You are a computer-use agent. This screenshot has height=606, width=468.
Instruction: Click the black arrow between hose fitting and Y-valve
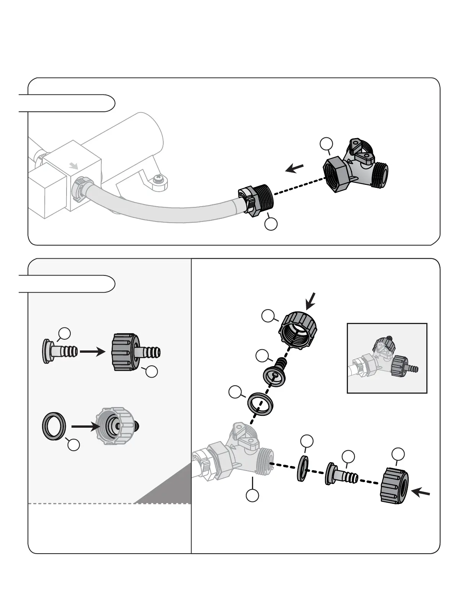coord(295,168)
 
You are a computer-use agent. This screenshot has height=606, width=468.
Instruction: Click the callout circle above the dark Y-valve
coord(326,145)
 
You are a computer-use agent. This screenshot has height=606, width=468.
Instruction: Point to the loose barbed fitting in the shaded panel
coord(60,351)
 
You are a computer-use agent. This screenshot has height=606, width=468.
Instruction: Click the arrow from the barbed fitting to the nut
coord(92,352)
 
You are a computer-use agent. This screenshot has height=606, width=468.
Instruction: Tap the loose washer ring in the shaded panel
coord(54,426)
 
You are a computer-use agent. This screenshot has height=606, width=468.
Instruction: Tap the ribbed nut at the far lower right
coord(394,485)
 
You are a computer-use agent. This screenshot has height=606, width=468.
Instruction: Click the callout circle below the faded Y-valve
coord(252,495)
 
